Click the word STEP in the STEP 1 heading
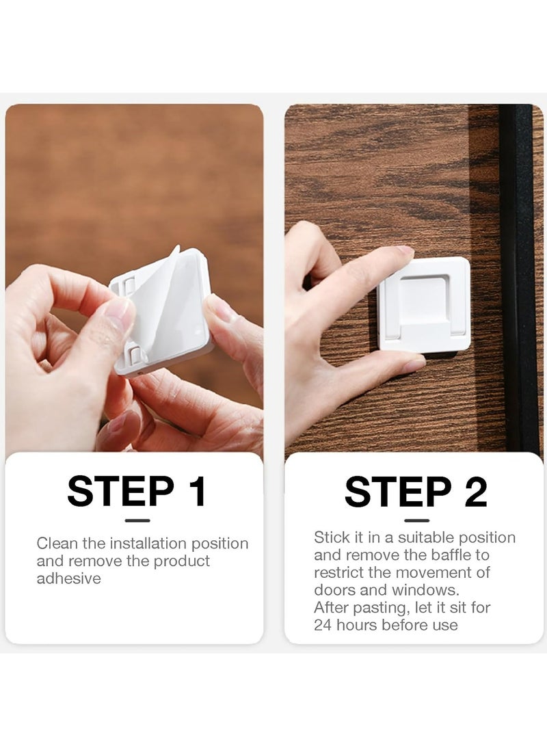[121, 491]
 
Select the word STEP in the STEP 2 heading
[398, 491]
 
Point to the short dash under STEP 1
[137, 520]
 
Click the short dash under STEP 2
[416, 520]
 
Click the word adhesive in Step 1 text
[69, 578]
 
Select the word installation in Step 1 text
[148, 544]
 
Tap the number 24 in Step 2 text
[323, 625]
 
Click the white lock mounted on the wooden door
[424, 304]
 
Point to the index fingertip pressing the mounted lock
[404, 254]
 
